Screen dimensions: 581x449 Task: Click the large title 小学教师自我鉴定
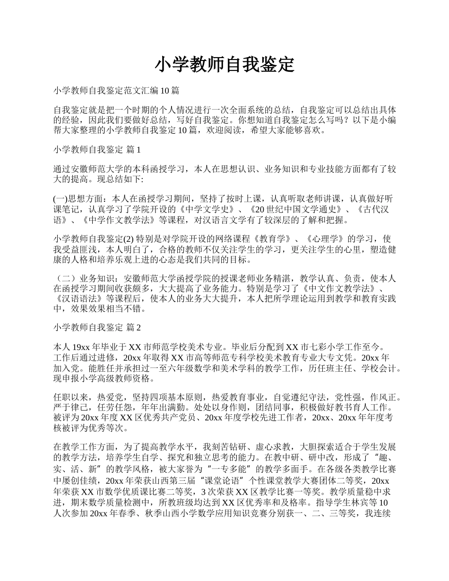click(224, 64)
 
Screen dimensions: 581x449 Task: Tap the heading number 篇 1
click(134, 150)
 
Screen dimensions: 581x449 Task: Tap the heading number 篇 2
click(134, 327)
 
